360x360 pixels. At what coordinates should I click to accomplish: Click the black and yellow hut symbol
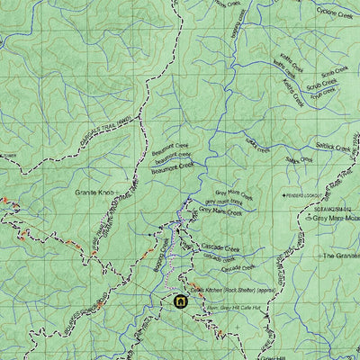(180, 301)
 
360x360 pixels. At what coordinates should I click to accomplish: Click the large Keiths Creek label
(291, 88)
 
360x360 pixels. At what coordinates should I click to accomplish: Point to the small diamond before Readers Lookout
(282, 195)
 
